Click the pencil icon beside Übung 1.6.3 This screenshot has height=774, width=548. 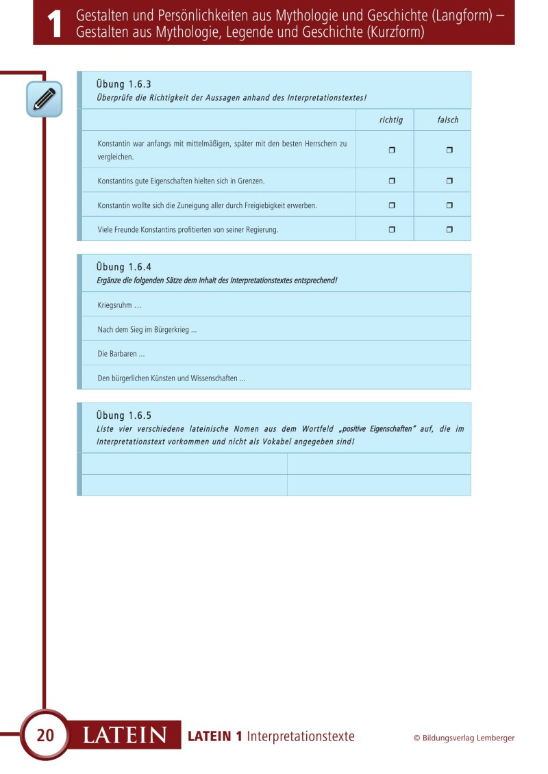click(x=45, y=99)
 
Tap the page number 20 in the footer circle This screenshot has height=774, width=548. click(x=45, y=736)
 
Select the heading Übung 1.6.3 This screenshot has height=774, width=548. click(x=124, y=84)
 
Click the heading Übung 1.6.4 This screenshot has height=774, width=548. click(x=124, y=267)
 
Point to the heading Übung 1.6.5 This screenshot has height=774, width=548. click(x=124, y=415)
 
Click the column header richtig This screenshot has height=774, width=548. click(x=391, y=120)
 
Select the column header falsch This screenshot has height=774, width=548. click(x=448, y=120)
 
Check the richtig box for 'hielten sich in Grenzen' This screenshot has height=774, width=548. click(x=392, y=181)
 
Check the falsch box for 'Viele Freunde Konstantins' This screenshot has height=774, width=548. click(x=449, y=229)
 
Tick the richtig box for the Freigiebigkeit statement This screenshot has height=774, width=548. click(x=392, y=205)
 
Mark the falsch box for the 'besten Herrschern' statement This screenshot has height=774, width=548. click(x=449, y=150)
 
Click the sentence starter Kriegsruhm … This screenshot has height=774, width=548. click(x=120, y=305)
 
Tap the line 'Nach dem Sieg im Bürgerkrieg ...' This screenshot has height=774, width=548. click(x=147, y=329)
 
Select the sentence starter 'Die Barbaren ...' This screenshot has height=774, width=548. click(x=121, y=354)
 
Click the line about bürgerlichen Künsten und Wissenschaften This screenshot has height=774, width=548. click(x=171, y=378)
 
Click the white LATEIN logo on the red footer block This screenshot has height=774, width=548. click(x=125, y=736)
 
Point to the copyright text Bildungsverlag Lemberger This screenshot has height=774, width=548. click(x=464, y=738)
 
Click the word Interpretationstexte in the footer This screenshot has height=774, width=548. click(x=301, y=736)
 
